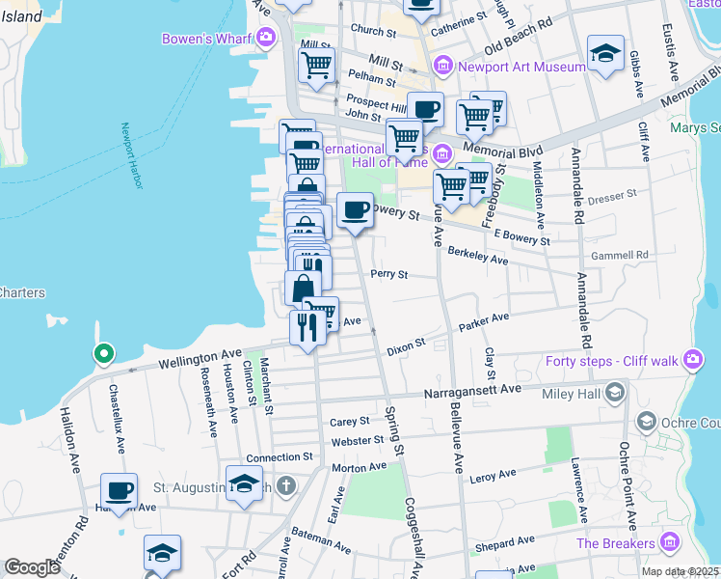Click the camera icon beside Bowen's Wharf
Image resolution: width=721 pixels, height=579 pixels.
(266, 39)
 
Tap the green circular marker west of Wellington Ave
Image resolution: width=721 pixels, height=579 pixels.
(101, 354)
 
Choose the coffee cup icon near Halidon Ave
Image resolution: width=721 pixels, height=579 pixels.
(120, 490)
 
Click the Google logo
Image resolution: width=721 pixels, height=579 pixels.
(33, 567)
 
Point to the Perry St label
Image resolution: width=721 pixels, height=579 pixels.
(389, 274)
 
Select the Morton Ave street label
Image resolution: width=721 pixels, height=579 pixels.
(359, 467)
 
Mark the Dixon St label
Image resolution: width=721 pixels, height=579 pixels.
(406, 345)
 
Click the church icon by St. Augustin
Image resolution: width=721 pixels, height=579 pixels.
(285, 484)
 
